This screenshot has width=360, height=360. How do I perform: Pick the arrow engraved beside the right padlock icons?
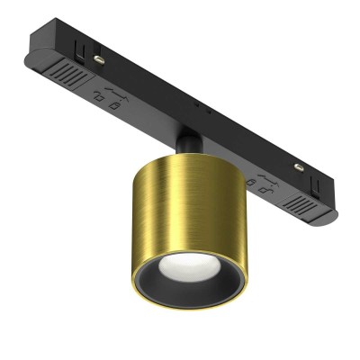coord(263,176)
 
